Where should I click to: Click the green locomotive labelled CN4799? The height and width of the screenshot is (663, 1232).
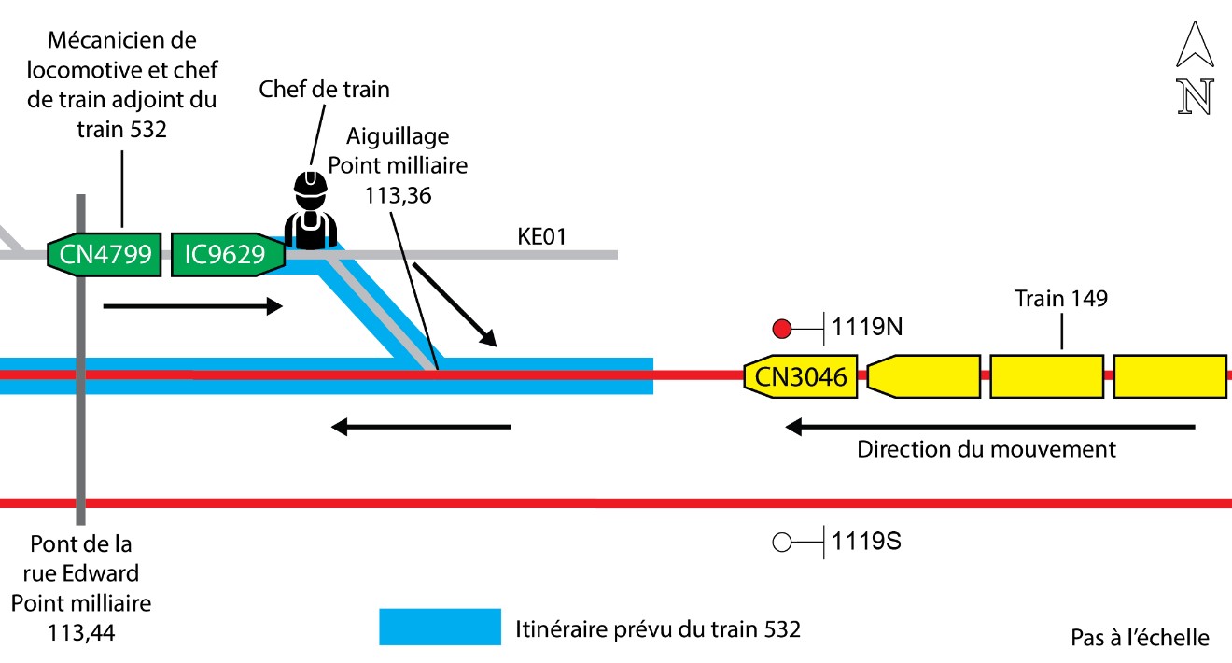(104, 254)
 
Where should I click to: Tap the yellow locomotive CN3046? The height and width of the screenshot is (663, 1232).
(801, 376)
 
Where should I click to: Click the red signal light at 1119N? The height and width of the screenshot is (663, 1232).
(783, 329)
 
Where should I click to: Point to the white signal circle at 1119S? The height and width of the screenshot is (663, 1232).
(783, 541)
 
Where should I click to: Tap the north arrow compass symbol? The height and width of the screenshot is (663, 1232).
(1195, 69)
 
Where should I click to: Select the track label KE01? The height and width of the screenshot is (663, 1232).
(542, 237)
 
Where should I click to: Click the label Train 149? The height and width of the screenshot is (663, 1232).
(1061, 299)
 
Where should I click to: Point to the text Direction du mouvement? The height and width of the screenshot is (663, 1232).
(987, 449)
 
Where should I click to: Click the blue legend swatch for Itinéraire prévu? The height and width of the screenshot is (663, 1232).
(440, 628)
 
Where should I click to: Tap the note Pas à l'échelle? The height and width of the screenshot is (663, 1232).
(1140, 638)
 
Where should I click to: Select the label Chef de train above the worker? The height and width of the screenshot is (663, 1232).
(324, 90)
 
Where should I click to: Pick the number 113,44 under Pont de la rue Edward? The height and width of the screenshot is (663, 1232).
(82, 633)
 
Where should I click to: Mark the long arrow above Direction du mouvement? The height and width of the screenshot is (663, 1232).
(990, 428)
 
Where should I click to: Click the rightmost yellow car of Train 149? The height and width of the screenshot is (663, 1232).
(1169, 376)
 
